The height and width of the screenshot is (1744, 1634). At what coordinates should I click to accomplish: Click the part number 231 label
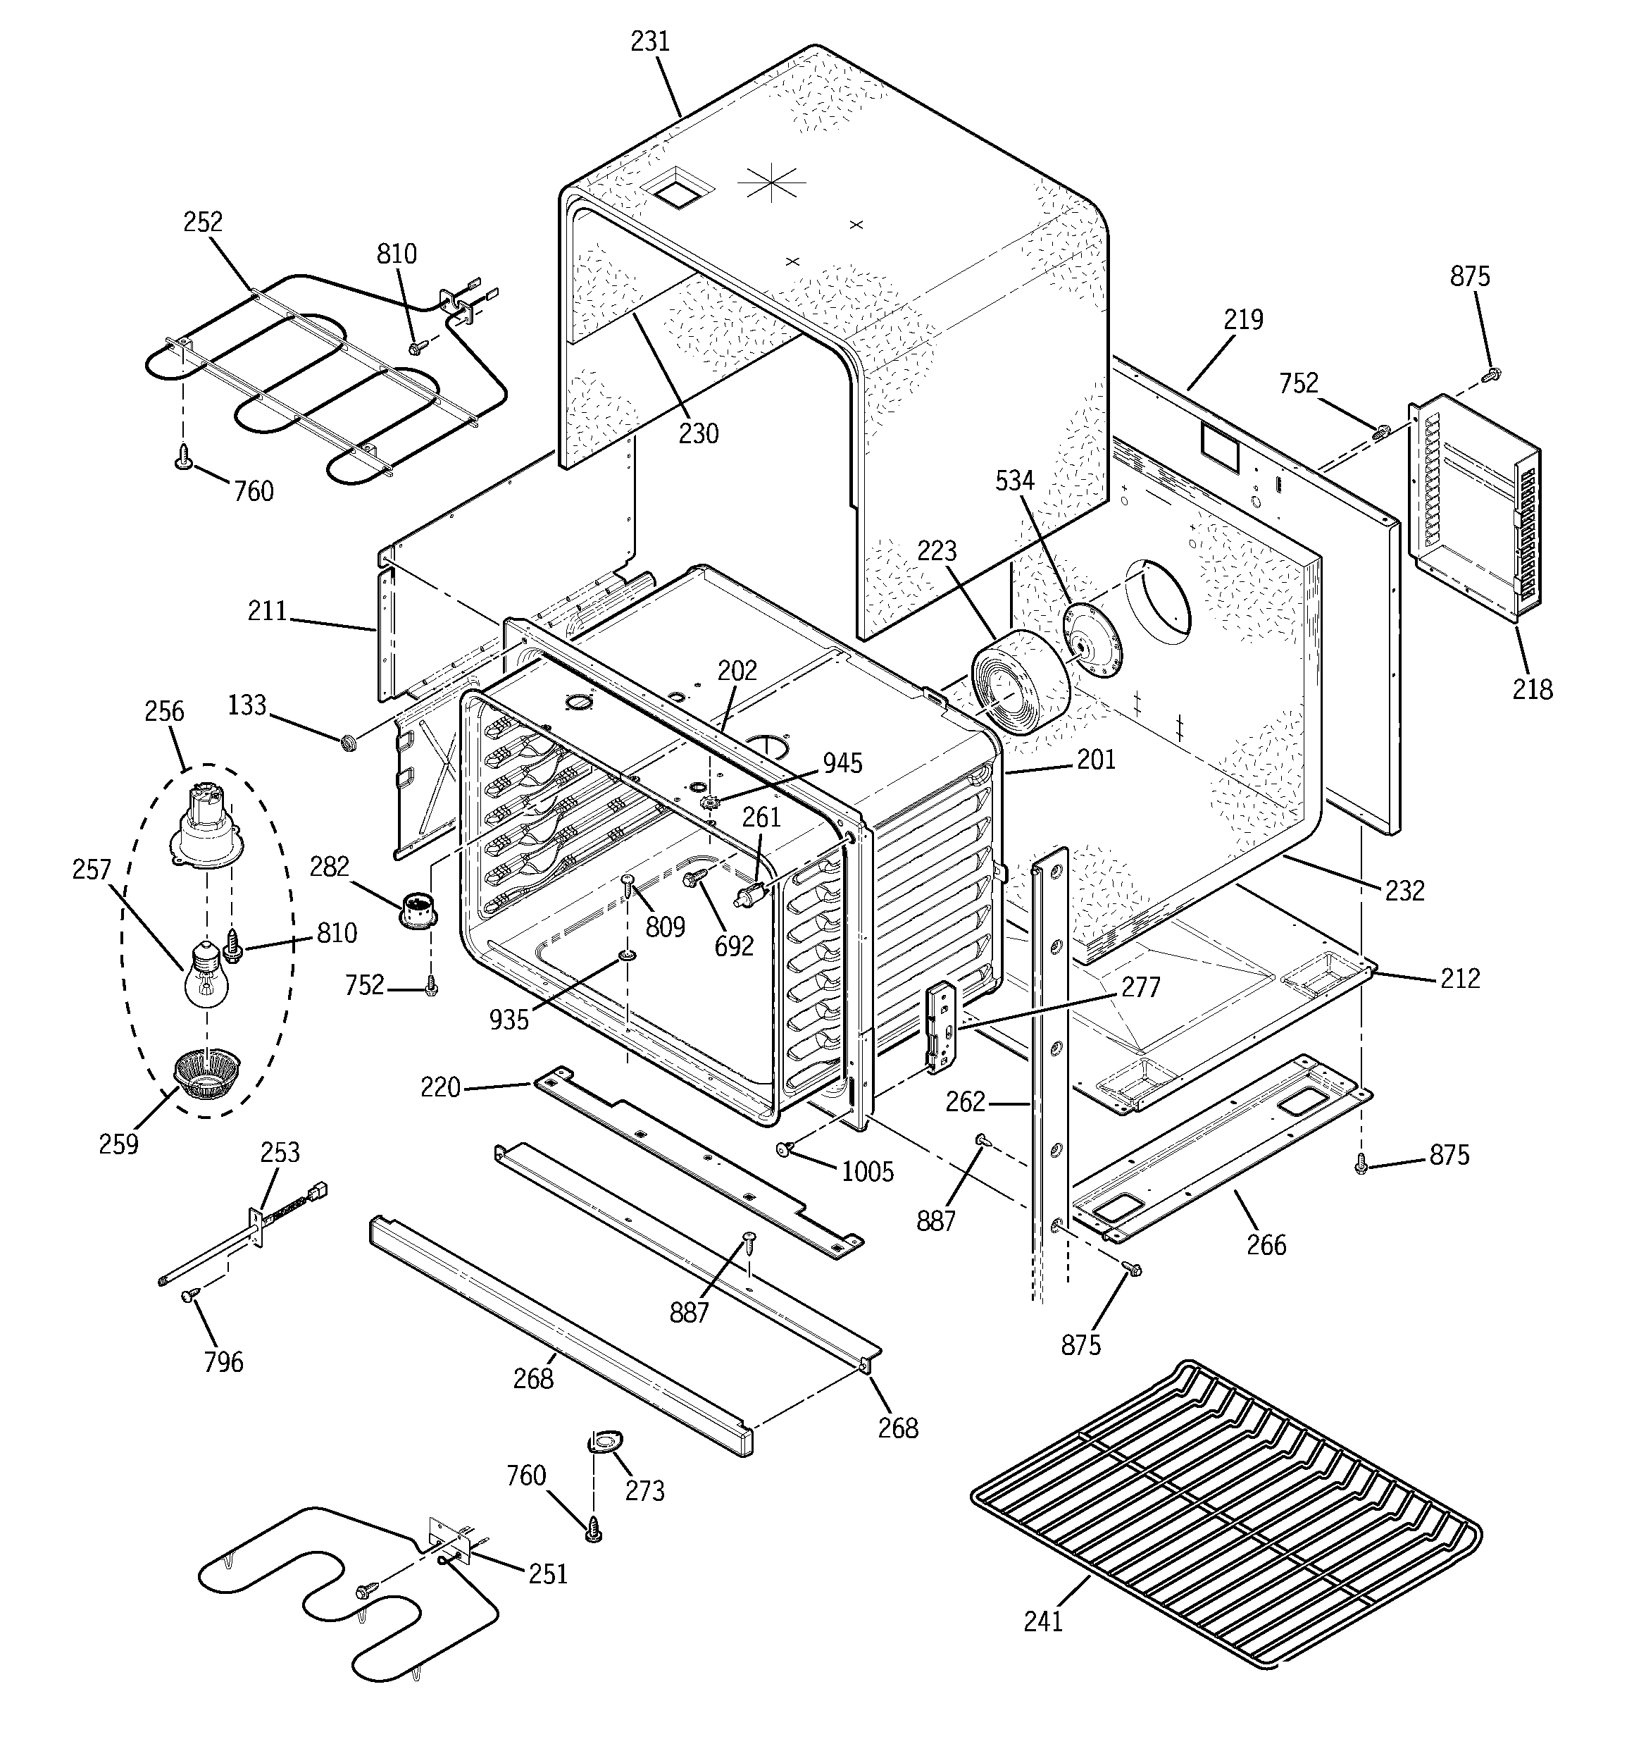651,42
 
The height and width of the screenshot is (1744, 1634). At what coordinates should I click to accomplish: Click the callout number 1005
868,1171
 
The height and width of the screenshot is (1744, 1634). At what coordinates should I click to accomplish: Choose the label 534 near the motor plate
1015,480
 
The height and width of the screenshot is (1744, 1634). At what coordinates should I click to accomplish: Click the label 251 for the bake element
547,1573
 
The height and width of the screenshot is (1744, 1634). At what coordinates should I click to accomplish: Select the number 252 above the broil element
203,222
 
